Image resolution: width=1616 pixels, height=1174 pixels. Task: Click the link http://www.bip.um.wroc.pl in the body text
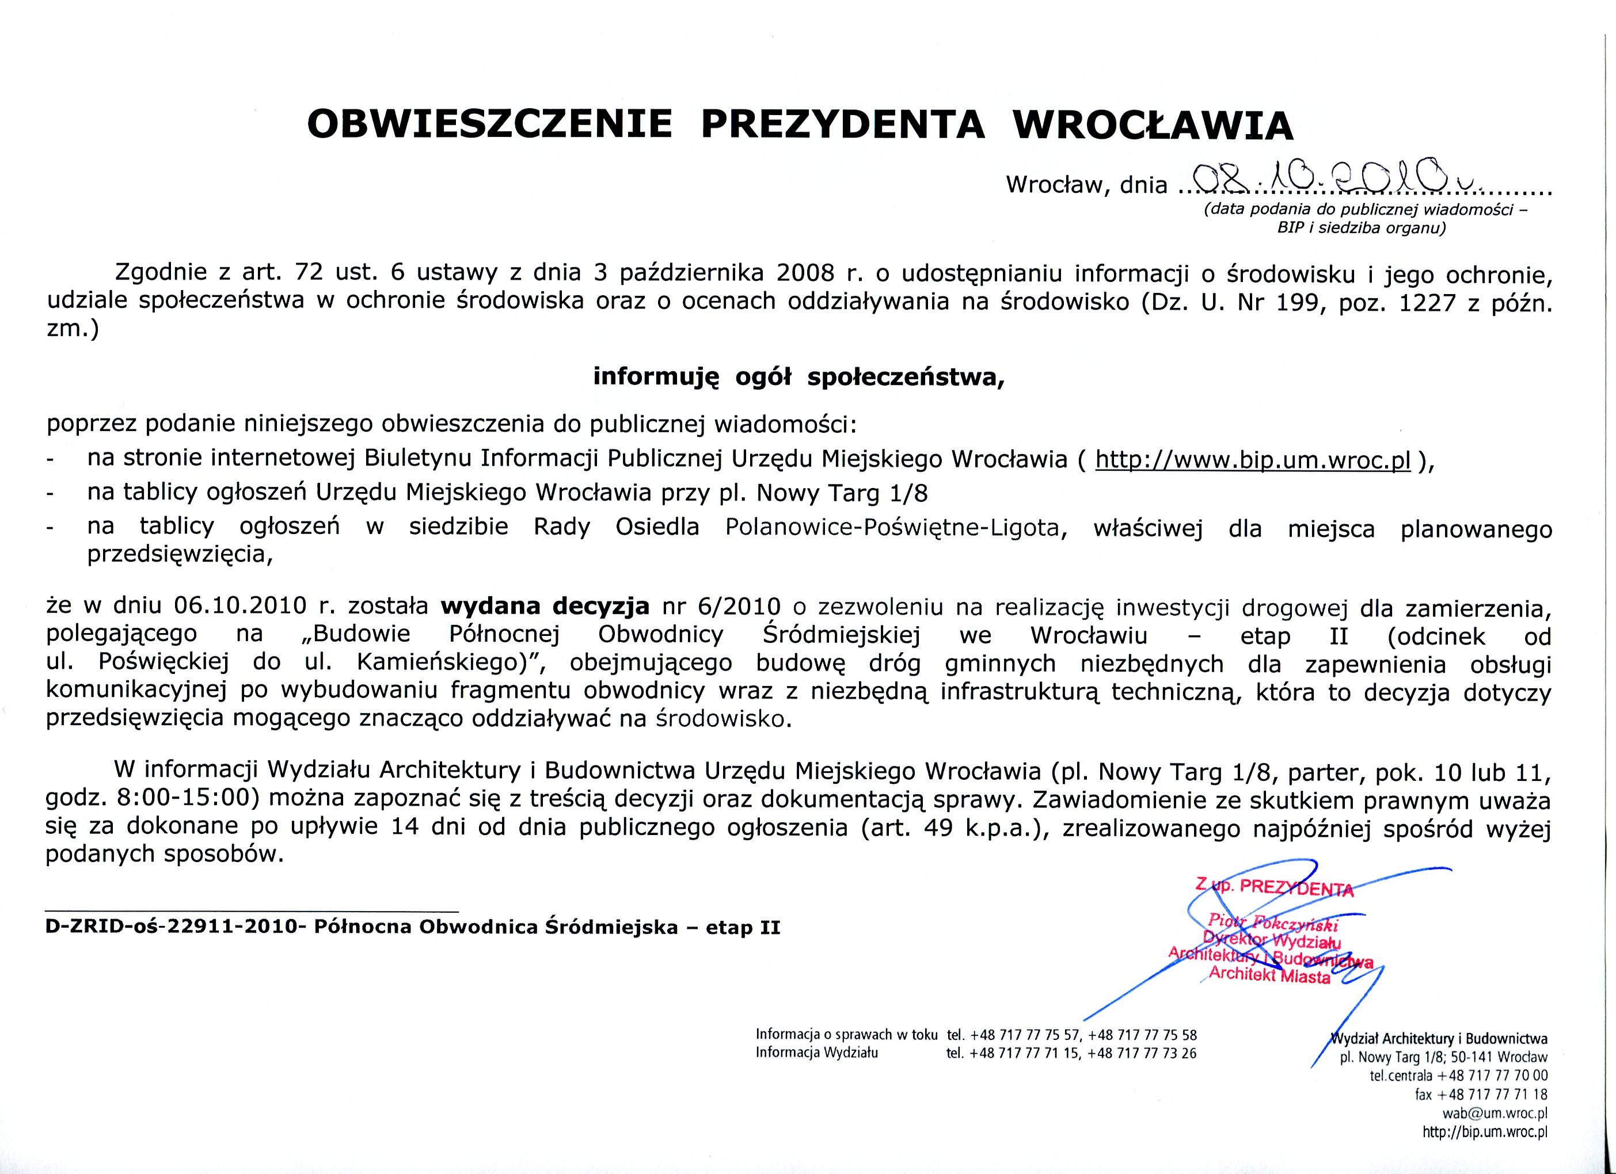pyautogui.click(x=1253, y=460)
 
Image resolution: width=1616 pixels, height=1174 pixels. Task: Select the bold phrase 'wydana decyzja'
pyautogui.click(x=545, y=606)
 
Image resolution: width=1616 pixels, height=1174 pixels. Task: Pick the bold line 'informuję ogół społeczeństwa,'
pyautogui.click(x=799, y=377)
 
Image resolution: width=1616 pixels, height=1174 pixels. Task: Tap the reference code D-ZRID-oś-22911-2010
pyautogui.click(x=171, y=928)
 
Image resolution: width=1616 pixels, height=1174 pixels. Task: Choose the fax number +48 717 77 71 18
pyautogui.click(x=1498, y=1094)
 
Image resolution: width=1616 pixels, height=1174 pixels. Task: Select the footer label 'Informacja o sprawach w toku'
pyautogui.click(x=846, y=1034)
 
